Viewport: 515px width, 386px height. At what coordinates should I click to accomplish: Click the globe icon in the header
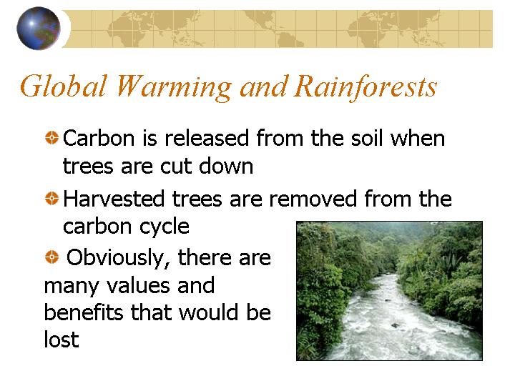coord(39,28)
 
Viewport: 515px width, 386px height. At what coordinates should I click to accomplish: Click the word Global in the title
coord(64,86)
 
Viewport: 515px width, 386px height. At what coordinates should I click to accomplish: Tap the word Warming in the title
coord(174,86)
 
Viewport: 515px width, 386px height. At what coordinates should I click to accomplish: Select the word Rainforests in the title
coord(365,86)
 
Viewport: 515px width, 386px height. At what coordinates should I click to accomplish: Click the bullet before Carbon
coord(51,137)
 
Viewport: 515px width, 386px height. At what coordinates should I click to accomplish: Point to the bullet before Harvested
coord(51,198)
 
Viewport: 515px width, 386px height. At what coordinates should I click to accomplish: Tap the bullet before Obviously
coord(51,257)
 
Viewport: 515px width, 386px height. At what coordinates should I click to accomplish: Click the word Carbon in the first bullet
coord(99,138)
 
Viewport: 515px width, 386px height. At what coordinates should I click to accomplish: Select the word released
coord(207,138)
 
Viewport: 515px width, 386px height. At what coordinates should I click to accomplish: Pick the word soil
coord(367,138)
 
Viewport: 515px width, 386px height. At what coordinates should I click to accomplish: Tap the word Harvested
coord(114,198)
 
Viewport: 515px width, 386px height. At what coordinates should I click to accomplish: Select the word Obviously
coord(118,258)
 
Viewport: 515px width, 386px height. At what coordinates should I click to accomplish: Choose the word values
coord(138,285)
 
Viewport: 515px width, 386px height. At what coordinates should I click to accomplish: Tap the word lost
coord(62,339)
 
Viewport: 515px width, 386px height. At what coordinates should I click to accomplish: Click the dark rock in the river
coord(395,326)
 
